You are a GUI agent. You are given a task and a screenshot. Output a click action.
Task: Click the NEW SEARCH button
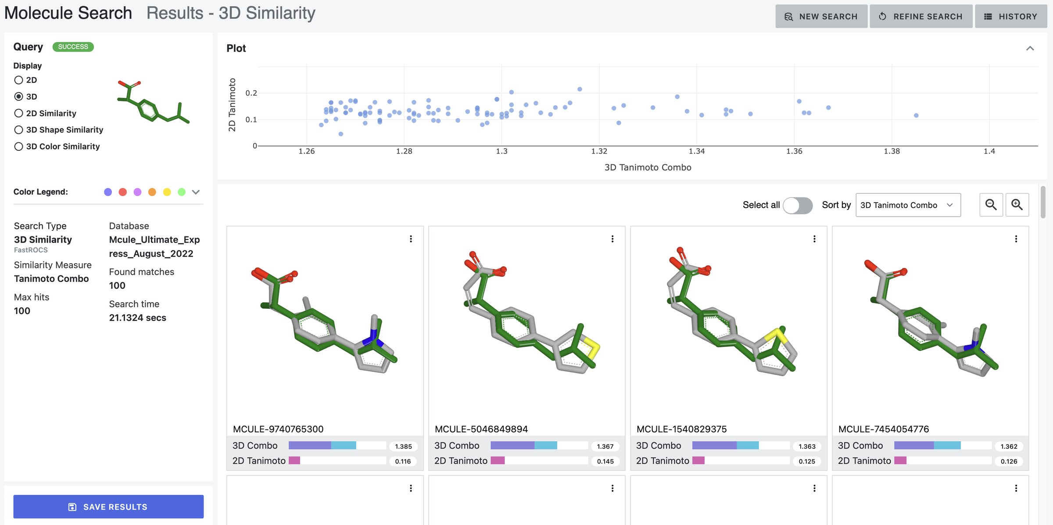click(x=821, y=16)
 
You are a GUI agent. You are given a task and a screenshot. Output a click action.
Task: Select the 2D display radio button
click(x=18, y=80)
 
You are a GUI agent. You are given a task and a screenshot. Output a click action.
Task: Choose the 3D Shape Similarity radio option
click(x=18, y=130)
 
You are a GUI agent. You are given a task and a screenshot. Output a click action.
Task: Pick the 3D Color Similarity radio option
click(x=18, y=146)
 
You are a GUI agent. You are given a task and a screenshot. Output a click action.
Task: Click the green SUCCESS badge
click(x=73, y=46)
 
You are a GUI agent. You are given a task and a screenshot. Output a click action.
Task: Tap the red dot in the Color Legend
click(x=123, y=192)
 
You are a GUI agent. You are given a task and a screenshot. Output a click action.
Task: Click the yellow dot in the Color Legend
click(x=167, y=192)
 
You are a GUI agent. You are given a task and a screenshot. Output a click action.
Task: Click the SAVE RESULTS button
click(x=108, y=507)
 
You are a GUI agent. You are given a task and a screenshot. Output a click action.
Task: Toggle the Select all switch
click(x=798, y=205)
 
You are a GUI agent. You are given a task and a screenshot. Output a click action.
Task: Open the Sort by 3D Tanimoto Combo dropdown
click(x=908, y=205)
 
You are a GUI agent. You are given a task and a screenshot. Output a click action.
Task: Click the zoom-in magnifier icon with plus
click(x=1017, y=205)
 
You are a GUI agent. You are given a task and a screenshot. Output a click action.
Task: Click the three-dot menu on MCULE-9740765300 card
click(x=411, y=239)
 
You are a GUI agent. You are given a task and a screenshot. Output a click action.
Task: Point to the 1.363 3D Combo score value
click(x=807, y=446)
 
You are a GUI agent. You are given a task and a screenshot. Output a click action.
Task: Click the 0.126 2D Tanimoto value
click(x=1009, y=461)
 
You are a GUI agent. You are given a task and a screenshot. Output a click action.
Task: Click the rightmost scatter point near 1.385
click(x=916, y=115)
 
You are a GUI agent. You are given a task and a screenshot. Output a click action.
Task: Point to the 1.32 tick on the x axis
click(x=599, y=151)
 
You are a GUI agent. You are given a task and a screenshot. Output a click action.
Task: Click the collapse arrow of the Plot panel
click(x=1030, y=48)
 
